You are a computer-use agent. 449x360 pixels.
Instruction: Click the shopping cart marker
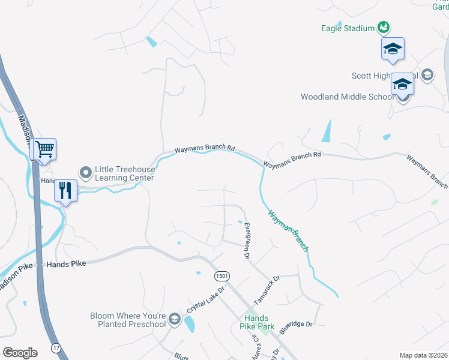click(x=44, y=148)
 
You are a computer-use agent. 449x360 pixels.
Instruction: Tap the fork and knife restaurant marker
click(x=65, y=190)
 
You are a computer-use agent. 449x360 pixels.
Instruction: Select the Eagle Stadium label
click(x=348, y=28)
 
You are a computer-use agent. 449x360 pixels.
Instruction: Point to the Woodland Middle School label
click(x=347, y=97)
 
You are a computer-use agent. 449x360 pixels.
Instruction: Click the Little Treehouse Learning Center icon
click(x=86, y=173)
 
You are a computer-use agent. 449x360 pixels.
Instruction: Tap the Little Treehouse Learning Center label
click(x=125, y=173)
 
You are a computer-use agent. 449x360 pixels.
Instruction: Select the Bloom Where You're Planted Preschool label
click(x=128, y=320)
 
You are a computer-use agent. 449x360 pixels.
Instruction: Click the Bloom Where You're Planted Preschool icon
click(x=175, y=319)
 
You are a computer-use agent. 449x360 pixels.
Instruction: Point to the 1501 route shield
click(x=220, y=275)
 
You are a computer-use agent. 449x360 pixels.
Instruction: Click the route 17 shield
click(x=56, y=348)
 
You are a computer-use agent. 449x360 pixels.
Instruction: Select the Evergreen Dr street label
click(x=246, y=241)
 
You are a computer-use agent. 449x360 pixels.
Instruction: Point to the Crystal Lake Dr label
click(x=205, y=298)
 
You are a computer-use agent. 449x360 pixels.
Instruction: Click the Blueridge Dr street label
click(x=296, y=325)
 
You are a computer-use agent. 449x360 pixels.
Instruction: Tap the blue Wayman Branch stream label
click(x=288, y=230)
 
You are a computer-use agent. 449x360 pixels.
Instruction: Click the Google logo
click(x=20, y=353)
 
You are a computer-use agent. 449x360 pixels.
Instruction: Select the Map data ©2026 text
click(x=423, y=355)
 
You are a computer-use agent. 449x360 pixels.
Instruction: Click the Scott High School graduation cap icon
click(x=427, y=75)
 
